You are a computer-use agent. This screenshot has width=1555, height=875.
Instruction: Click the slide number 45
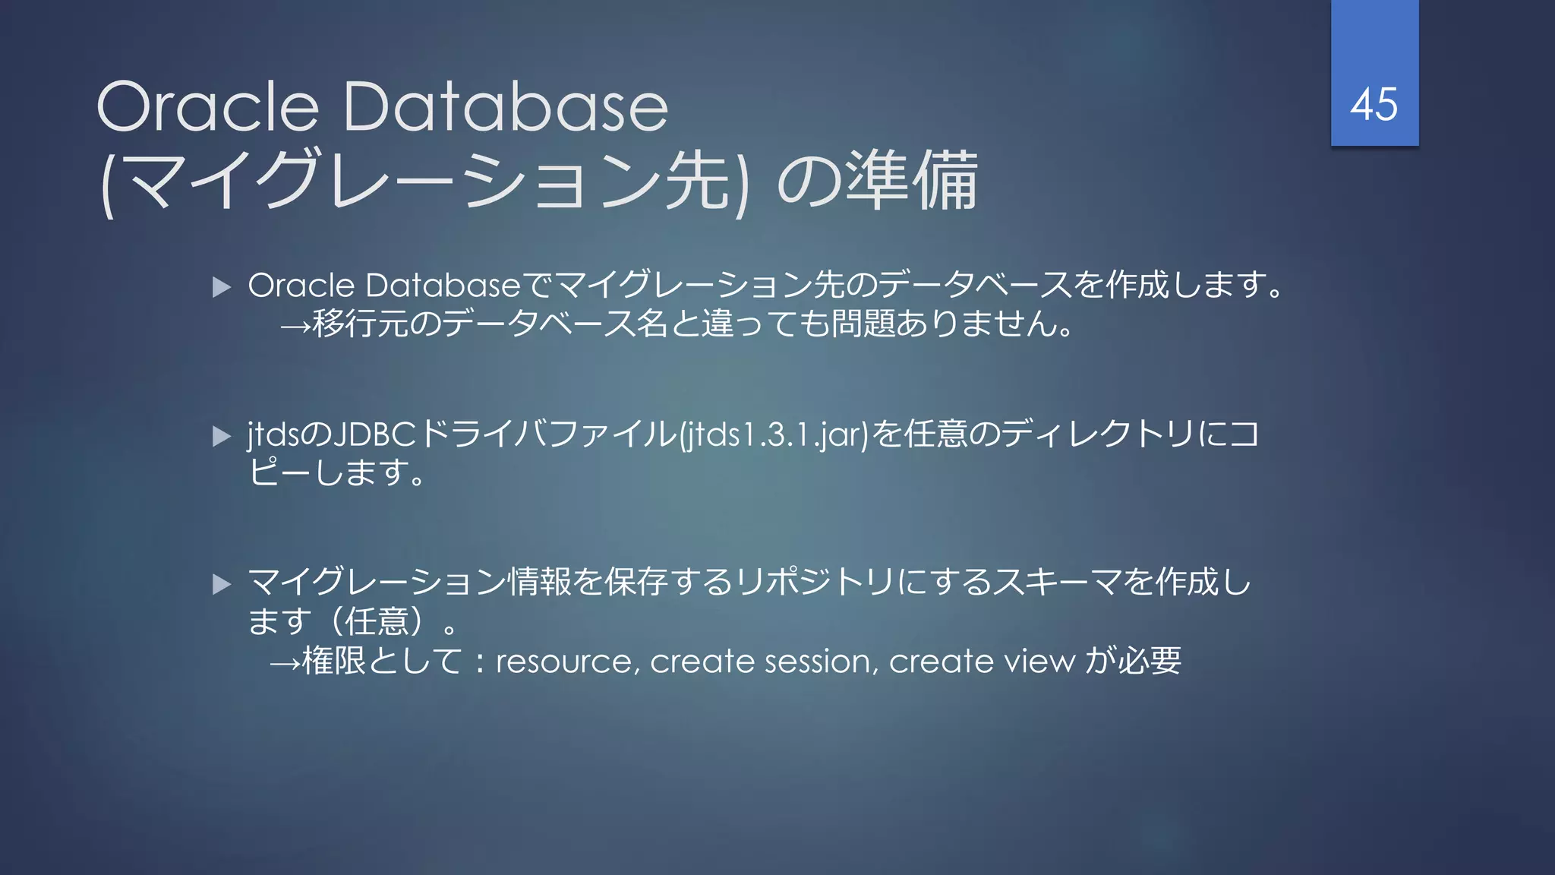[x=1374, y=104]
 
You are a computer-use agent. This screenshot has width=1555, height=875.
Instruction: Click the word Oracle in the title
[x=207, y=107]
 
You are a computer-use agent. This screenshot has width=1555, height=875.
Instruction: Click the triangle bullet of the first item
[x=222, y=287]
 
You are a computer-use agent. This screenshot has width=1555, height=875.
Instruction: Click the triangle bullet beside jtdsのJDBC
[x=222, y=436]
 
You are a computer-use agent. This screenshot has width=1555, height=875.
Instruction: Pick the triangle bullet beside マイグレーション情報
[x=222, y=584]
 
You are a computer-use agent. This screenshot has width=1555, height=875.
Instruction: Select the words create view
[x=982, y=662]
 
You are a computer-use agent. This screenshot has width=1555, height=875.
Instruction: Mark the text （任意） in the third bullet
[x=383, y=622]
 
